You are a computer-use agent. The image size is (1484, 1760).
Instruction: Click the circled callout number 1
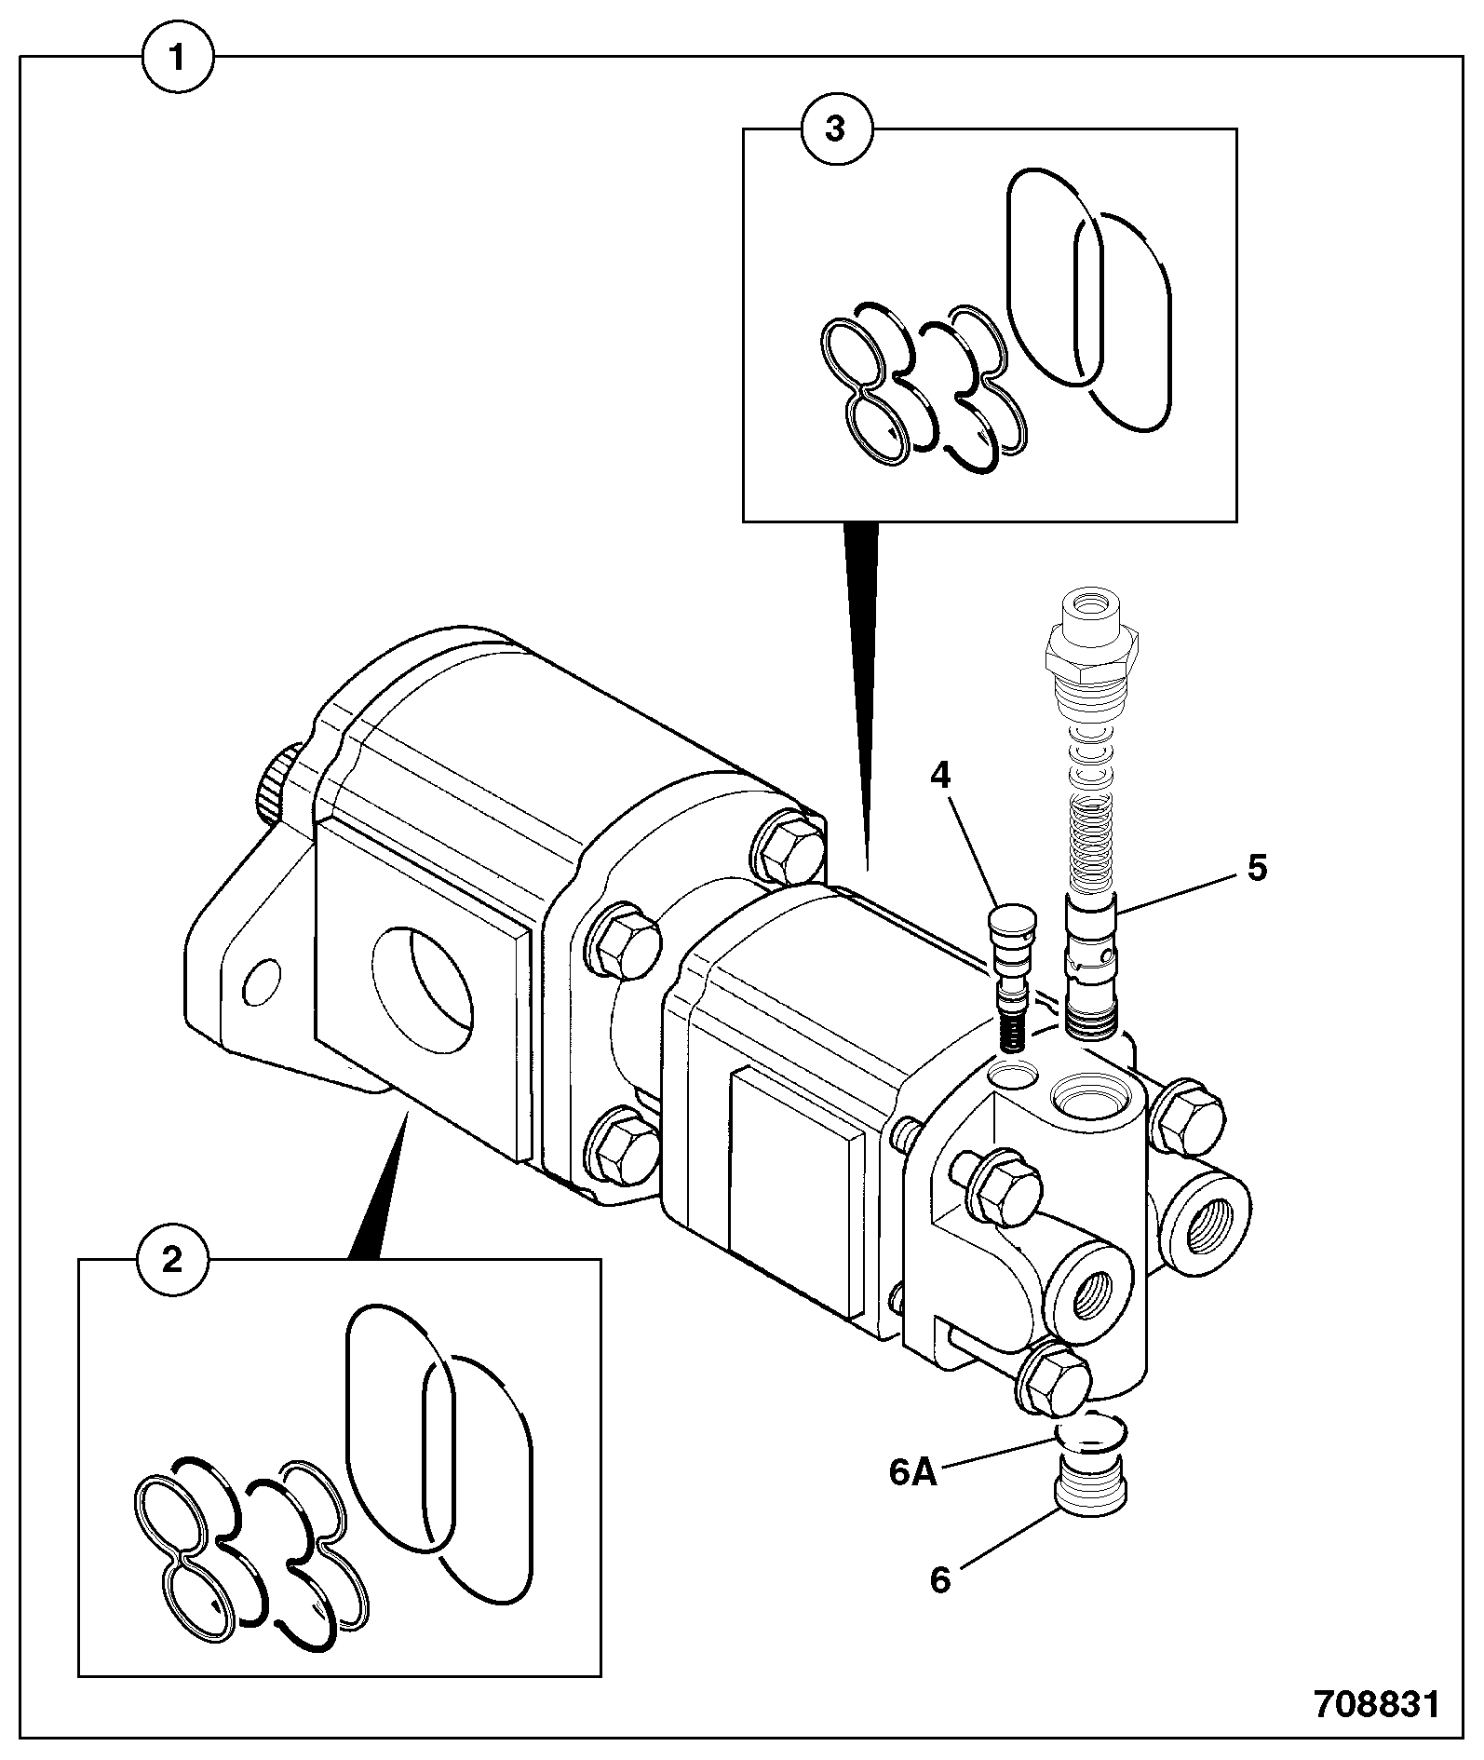[178, 60]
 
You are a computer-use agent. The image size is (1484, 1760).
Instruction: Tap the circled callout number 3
[836, 129]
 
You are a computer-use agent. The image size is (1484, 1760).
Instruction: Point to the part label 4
[941, 775]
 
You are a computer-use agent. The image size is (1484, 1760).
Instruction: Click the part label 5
[1257, 868]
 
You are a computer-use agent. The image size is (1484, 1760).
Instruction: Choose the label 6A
[912, 1473]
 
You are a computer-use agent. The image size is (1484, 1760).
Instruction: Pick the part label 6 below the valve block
[940, 1579]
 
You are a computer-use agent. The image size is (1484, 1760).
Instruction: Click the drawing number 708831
[1376, 1705]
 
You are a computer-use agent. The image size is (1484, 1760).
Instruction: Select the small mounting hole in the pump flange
[261, 981]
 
